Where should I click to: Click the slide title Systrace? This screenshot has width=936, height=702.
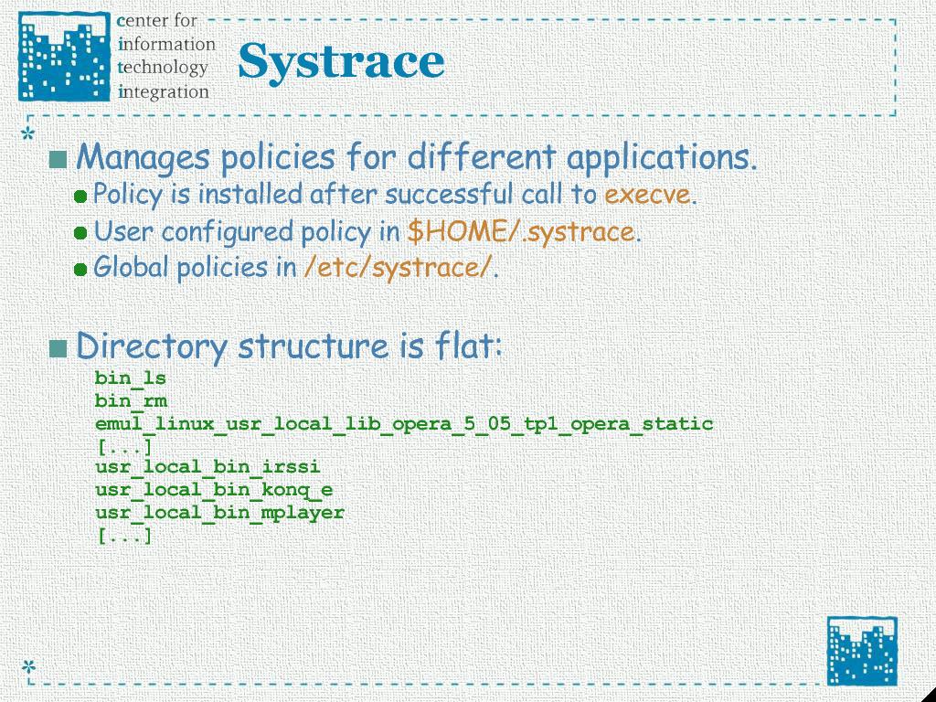341,62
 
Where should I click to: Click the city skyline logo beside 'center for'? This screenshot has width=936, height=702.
65,57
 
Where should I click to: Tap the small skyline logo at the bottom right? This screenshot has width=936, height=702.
862,651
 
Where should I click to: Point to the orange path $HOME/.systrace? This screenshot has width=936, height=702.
520,231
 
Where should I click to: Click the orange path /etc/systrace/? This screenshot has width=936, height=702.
399,268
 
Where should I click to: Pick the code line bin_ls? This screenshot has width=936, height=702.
130,378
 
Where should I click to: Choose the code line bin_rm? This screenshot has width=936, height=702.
131,401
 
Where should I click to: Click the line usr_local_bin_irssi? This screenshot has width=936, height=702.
207,467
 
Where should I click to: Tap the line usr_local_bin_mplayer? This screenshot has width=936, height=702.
219,513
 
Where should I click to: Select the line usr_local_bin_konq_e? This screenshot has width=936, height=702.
214,490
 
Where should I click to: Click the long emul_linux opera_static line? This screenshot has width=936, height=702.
404,424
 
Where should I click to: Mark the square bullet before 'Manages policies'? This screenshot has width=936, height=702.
58,159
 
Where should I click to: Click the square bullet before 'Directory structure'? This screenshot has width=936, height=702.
58,348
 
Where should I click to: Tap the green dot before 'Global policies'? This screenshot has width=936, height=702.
80,270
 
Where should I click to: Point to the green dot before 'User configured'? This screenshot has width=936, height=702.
80,233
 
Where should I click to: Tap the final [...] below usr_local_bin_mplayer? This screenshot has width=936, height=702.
123,536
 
